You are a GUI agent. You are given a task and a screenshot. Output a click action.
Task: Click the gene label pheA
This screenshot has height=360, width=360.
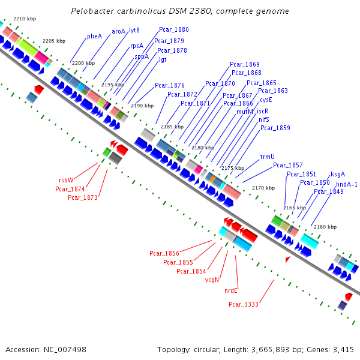(94, 36)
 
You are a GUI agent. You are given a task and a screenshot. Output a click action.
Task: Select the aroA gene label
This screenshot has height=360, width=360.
(118, 31)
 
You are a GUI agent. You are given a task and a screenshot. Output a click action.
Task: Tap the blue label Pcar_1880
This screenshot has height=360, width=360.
(173, 29)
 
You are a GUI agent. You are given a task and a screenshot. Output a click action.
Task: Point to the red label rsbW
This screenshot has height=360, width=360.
(65, 180)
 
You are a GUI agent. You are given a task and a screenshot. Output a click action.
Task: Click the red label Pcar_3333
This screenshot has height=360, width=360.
(243, 304)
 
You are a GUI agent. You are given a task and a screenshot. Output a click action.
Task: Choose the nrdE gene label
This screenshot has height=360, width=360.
(231, 290)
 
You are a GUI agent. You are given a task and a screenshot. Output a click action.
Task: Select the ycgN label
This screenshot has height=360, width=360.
(212, 280)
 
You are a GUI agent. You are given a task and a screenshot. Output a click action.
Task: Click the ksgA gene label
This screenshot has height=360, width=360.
(337, 174)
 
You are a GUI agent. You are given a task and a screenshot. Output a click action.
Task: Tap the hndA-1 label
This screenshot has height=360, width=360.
(346, 184)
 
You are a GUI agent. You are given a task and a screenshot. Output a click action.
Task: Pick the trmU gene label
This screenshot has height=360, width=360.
(267, 157)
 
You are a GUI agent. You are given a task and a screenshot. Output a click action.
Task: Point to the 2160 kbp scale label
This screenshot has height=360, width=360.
(325, 227)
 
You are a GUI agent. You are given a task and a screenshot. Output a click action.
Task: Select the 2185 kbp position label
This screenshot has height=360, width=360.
(172, 127)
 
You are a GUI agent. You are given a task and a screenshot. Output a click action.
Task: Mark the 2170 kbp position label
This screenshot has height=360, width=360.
(263, 188)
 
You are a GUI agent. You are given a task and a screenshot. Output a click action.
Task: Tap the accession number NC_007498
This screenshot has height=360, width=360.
(66, 349)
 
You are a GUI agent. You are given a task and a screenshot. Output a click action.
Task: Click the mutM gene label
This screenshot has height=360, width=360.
(244, 112)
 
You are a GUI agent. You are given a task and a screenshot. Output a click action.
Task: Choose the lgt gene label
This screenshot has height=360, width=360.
(163, 59)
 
